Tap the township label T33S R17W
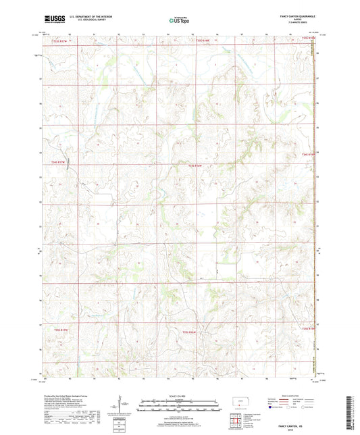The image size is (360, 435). point(61,41)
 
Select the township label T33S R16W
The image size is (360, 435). point(203,41)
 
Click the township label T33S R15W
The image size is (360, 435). point(308,41)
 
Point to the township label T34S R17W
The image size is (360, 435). point(60,162)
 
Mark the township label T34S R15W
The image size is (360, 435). point(308,155)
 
